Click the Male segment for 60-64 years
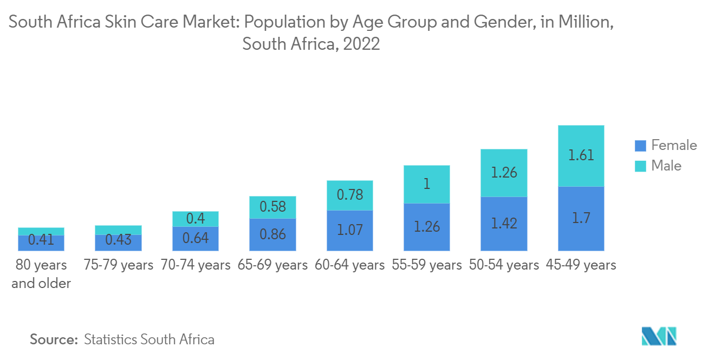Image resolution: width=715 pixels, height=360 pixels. click(350, 195)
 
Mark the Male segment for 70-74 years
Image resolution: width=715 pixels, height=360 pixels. click(196, 219)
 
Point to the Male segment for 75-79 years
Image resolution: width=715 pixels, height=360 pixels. click(118, 230)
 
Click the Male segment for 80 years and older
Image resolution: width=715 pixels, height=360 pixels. click(41, 231)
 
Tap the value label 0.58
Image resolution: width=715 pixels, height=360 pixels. click(272, 207)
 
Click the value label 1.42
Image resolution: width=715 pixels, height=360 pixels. click(504, 224)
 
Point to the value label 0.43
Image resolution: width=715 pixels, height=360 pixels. click(118, 240)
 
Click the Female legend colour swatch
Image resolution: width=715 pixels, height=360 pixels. click(640, 146)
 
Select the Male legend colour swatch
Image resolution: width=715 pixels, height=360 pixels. click(640, 166)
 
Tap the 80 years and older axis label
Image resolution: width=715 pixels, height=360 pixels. click(41, 274)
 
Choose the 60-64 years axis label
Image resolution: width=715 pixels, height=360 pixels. click(350, 265)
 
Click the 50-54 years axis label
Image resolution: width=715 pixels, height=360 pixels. click(504, 265)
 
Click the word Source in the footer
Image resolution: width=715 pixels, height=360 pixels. click(54, 339)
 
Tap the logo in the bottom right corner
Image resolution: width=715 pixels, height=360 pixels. click(659, 336)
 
